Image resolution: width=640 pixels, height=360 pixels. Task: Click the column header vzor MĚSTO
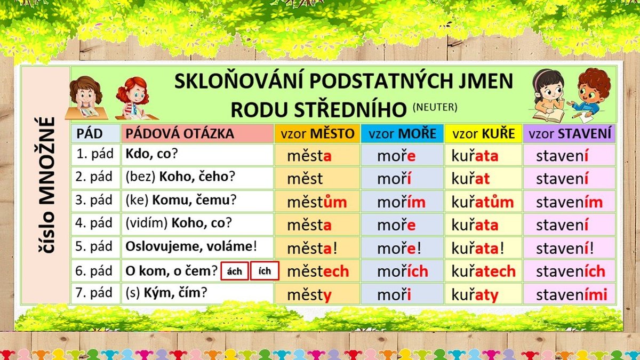(317, 133)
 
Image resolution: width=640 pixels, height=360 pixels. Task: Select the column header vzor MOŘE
(402, 133)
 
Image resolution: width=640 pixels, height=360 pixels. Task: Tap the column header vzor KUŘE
(483, 133)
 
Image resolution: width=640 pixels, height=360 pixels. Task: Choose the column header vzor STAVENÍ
(570, 133)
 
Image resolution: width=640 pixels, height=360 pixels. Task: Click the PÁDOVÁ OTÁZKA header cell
(197, 133)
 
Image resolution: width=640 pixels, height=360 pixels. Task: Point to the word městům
(317, 202)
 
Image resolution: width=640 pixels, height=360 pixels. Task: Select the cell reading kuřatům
(483, 202)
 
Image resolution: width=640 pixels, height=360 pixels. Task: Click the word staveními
(571, 294)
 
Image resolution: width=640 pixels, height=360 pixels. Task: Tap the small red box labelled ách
(235, 271)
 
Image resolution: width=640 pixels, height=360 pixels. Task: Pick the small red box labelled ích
(265, 271)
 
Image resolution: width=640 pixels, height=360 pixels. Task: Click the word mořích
(403, 271)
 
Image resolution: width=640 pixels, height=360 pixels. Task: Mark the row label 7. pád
(94, 293)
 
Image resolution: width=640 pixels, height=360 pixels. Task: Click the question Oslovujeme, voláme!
(191, 246)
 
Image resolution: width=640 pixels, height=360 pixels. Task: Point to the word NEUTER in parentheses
(435, 107)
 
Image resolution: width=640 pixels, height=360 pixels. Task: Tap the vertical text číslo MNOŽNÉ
(46, 185)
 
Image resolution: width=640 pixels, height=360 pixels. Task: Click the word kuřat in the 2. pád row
(470, 179)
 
